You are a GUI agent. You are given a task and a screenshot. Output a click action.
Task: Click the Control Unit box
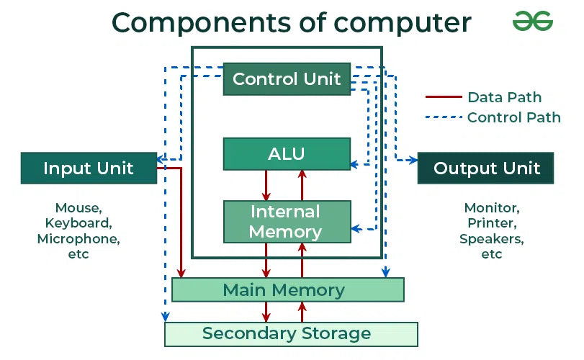[x=287, y=79]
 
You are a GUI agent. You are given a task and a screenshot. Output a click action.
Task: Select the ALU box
[x=287, y=153]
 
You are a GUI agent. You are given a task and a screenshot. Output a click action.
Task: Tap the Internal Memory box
[x=287, y=222]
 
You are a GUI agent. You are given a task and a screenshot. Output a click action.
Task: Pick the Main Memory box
[x=287, y=290]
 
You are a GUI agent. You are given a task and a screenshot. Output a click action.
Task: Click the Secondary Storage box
[x=291, y=334]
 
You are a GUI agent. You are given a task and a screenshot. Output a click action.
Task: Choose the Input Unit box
[x=89, y=168]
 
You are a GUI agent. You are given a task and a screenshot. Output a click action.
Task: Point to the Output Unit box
[x=486, y=168]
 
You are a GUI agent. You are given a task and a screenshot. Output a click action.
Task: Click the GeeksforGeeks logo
[x=532, y=22]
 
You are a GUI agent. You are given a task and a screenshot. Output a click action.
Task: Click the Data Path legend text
[x=504, y=97]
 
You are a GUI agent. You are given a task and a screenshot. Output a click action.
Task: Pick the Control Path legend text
[x=513, y=117]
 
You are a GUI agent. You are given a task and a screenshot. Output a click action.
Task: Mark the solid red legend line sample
[x=443, y=97]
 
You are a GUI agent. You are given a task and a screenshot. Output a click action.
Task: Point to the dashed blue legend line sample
[x=443, y=117]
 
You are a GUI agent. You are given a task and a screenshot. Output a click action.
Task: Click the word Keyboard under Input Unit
[x=78, y=223]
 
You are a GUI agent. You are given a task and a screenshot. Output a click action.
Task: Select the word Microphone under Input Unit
[x=78, y=238]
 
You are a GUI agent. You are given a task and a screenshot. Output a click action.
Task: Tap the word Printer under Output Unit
[x=491, y=223]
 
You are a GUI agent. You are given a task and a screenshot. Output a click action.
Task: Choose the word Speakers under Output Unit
[x=491, y=238]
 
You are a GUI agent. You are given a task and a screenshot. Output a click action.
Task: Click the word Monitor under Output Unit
[x=491, y=208]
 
